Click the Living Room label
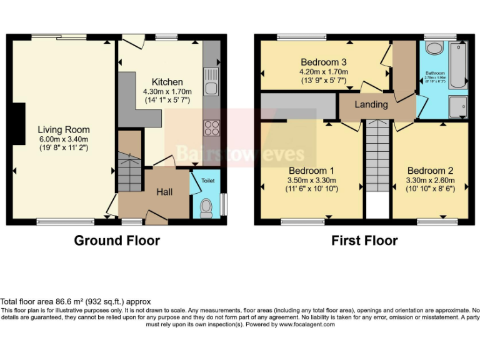pos(62,129)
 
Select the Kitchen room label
pos(167,82)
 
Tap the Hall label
pos(164,192)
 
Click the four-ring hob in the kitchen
pos(211,128)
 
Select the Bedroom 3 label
pos(323,62)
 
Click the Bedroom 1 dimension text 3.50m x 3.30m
pos(311,180)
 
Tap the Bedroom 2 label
pos(430,171)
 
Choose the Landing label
pos(371,104)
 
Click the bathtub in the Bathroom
pos(461,66)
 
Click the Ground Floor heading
pos(117,240)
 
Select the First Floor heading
pos(364,240)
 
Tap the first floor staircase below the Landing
pos(377,156)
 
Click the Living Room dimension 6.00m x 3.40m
pos(62,139)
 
